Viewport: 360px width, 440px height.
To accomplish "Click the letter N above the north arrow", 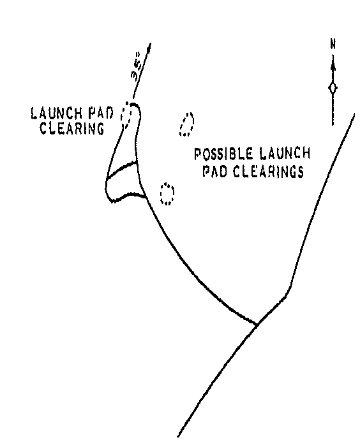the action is [x=333, y=45].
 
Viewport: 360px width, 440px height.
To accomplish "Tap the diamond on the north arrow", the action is [x=333, y=88].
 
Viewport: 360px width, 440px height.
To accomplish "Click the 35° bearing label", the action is [x=137, y=66].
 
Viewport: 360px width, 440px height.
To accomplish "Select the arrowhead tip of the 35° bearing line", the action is [x=151, y=43].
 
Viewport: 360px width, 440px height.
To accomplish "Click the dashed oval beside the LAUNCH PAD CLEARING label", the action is [x=126, y=115].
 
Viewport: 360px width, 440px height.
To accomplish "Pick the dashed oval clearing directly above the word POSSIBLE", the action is [x=187, y=124].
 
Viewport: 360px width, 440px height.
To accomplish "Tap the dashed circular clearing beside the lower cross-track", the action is [x=167, y=194].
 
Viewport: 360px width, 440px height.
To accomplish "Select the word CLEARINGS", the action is [x=269, y=172].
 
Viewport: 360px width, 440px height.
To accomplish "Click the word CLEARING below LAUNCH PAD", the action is [x=72, y=129].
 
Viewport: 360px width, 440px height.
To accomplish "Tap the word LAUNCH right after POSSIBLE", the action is [x=285, y=154].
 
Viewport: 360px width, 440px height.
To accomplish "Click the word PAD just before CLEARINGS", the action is [x=215, y=172].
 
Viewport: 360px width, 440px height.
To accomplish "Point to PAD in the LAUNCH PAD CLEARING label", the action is [x=100, y=113].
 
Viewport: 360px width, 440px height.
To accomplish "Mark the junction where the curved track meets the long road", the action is [x=256, y=325].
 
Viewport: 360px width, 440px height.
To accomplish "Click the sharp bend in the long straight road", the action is [x=290, y=287].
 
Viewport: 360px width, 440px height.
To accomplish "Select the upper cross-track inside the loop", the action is [x=121, y=168].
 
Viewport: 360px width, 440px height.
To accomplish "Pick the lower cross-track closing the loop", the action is [x=128, y=196].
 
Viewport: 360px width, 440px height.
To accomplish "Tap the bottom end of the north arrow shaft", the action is [x=333, y=124].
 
